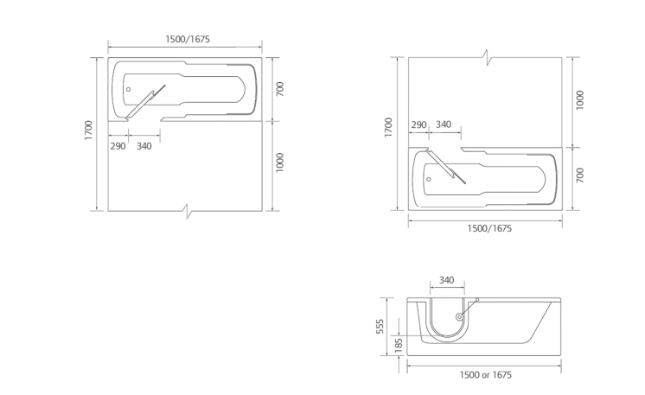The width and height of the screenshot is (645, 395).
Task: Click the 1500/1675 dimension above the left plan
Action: [x=188, y=39]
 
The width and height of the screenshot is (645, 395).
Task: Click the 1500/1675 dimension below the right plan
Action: [x=489, y=228]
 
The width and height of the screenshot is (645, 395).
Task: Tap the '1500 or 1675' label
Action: [x=486, y=375]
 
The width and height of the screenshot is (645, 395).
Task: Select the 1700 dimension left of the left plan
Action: [x=88, y=131]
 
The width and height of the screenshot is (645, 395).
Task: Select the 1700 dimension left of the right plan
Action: [x=388, y=127]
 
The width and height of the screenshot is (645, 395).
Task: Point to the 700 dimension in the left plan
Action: [x=280, y=89]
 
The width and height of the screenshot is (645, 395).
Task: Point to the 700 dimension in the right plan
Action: [x=580, y=175]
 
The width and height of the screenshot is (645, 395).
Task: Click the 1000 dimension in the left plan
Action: [x=280, y=162]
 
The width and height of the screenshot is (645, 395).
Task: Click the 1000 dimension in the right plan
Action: [x=580, y=100]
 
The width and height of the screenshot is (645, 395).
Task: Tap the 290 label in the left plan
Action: [x=118, y=146]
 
